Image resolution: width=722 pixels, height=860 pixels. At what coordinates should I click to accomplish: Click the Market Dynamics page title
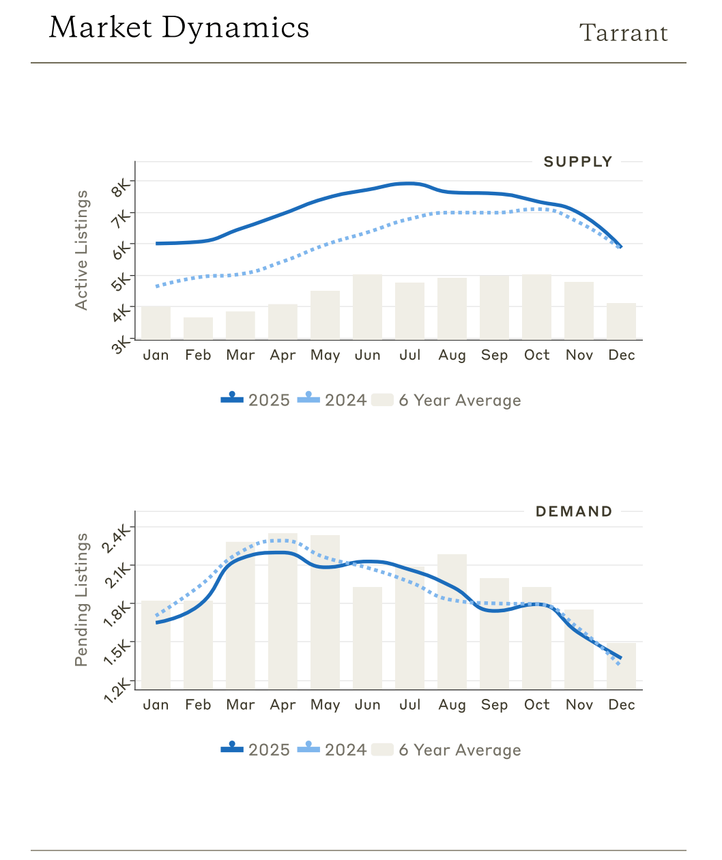coord(179,28)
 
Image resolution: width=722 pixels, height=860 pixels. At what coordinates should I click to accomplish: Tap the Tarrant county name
coord(623,33)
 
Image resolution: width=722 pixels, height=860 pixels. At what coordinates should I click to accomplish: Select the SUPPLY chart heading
coord(577,162)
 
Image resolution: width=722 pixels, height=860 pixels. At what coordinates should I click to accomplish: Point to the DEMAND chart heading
coord(573,511)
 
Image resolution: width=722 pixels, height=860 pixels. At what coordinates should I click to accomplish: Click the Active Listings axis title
coord(82,250)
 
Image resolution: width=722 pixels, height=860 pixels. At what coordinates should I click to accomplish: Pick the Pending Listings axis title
coord(82,599)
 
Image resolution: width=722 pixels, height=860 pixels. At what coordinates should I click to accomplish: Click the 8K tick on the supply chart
coord(121,186)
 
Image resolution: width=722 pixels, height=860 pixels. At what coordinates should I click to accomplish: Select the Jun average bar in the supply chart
coord(367,306)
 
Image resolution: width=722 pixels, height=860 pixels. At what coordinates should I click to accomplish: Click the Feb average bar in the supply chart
coord(198,328)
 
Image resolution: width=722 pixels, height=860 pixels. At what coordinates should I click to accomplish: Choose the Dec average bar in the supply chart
coord(621,321)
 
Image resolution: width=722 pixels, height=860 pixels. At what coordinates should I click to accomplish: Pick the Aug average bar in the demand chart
coord(452,621)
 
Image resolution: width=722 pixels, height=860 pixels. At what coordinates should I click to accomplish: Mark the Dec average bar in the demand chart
coord(621,665)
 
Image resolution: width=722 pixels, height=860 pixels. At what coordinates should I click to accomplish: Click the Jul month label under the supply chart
coord(410,355)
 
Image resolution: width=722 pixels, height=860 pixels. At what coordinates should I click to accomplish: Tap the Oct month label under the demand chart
coord(536,704)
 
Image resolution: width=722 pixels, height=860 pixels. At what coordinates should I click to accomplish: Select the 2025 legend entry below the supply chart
coord(256,400)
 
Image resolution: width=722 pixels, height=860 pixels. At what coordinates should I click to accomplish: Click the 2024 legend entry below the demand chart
coord(332,749)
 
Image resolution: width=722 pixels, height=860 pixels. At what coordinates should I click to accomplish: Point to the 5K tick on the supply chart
coord(121,281)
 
